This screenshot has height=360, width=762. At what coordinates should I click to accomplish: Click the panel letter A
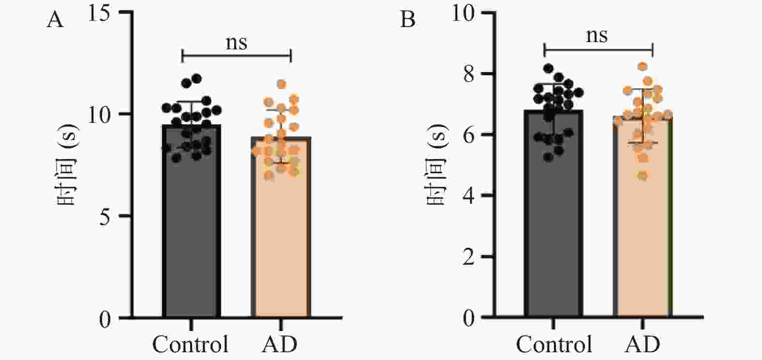55,20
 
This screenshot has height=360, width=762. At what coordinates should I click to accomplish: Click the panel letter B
408,19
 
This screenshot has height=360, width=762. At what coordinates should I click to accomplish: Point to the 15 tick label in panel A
99,14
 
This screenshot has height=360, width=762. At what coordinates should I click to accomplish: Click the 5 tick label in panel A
105,217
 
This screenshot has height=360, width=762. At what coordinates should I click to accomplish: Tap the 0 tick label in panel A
105,319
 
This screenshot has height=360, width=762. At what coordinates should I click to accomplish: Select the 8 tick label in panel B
469,74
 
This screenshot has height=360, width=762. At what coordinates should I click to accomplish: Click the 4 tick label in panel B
469,195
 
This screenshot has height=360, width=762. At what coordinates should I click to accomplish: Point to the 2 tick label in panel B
469,257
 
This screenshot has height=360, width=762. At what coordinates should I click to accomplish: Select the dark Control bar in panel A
191,221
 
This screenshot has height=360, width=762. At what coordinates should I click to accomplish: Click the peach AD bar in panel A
281,227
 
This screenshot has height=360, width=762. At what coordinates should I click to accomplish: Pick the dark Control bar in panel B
553,213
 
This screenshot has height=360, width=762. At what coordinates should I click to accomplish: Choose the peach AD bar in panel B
643,216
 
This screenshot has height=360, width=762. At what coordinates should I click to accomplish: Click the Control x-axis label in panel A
191,344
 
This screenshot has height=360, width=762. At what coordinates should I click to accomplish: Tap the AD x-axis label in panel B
642,344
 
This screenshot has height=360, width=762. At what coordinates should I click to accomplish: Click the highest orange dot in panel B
642,66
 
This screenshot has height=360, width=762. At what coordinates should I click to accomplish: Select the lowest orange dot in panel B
643,176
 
